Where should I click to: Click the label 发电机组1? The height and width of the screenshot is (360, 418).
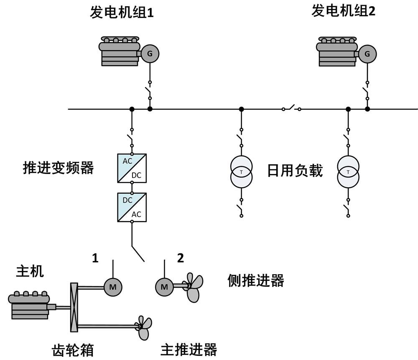(122, 13)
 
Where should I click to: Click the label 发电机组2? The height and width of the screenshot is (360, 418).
(343, 11)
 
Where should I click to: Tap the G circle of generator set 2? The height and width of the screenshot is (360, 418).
(367, 54)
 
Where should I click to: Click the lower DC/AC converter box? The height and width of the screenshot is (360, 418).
(132, 207)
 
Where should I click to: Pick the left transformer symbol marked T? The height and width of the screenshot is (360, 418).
(241, 172)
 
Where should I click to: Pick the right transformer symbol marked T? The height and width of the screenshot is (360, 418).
(348, 172)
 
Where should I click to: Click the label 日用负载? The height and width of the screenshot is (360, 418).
(295, 171)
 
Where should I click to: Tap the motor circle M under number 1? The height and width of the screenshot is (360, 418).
(112, 286)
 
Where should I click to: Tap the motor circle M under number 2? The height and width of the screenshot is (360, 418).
(164, 286)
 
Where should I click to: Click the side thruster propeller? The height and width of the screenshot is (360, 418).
(193, 287)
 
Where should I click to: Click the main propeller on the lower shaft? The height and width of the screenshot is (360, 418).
(144, 327)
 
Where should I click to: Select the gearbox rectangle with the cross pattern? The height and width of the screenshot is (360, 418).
(74, 307)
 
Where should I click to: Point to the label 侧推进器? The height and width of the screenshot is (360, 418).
(256, 280)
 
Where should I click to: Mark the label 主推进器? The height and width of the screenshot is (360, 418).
(189, 349)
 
